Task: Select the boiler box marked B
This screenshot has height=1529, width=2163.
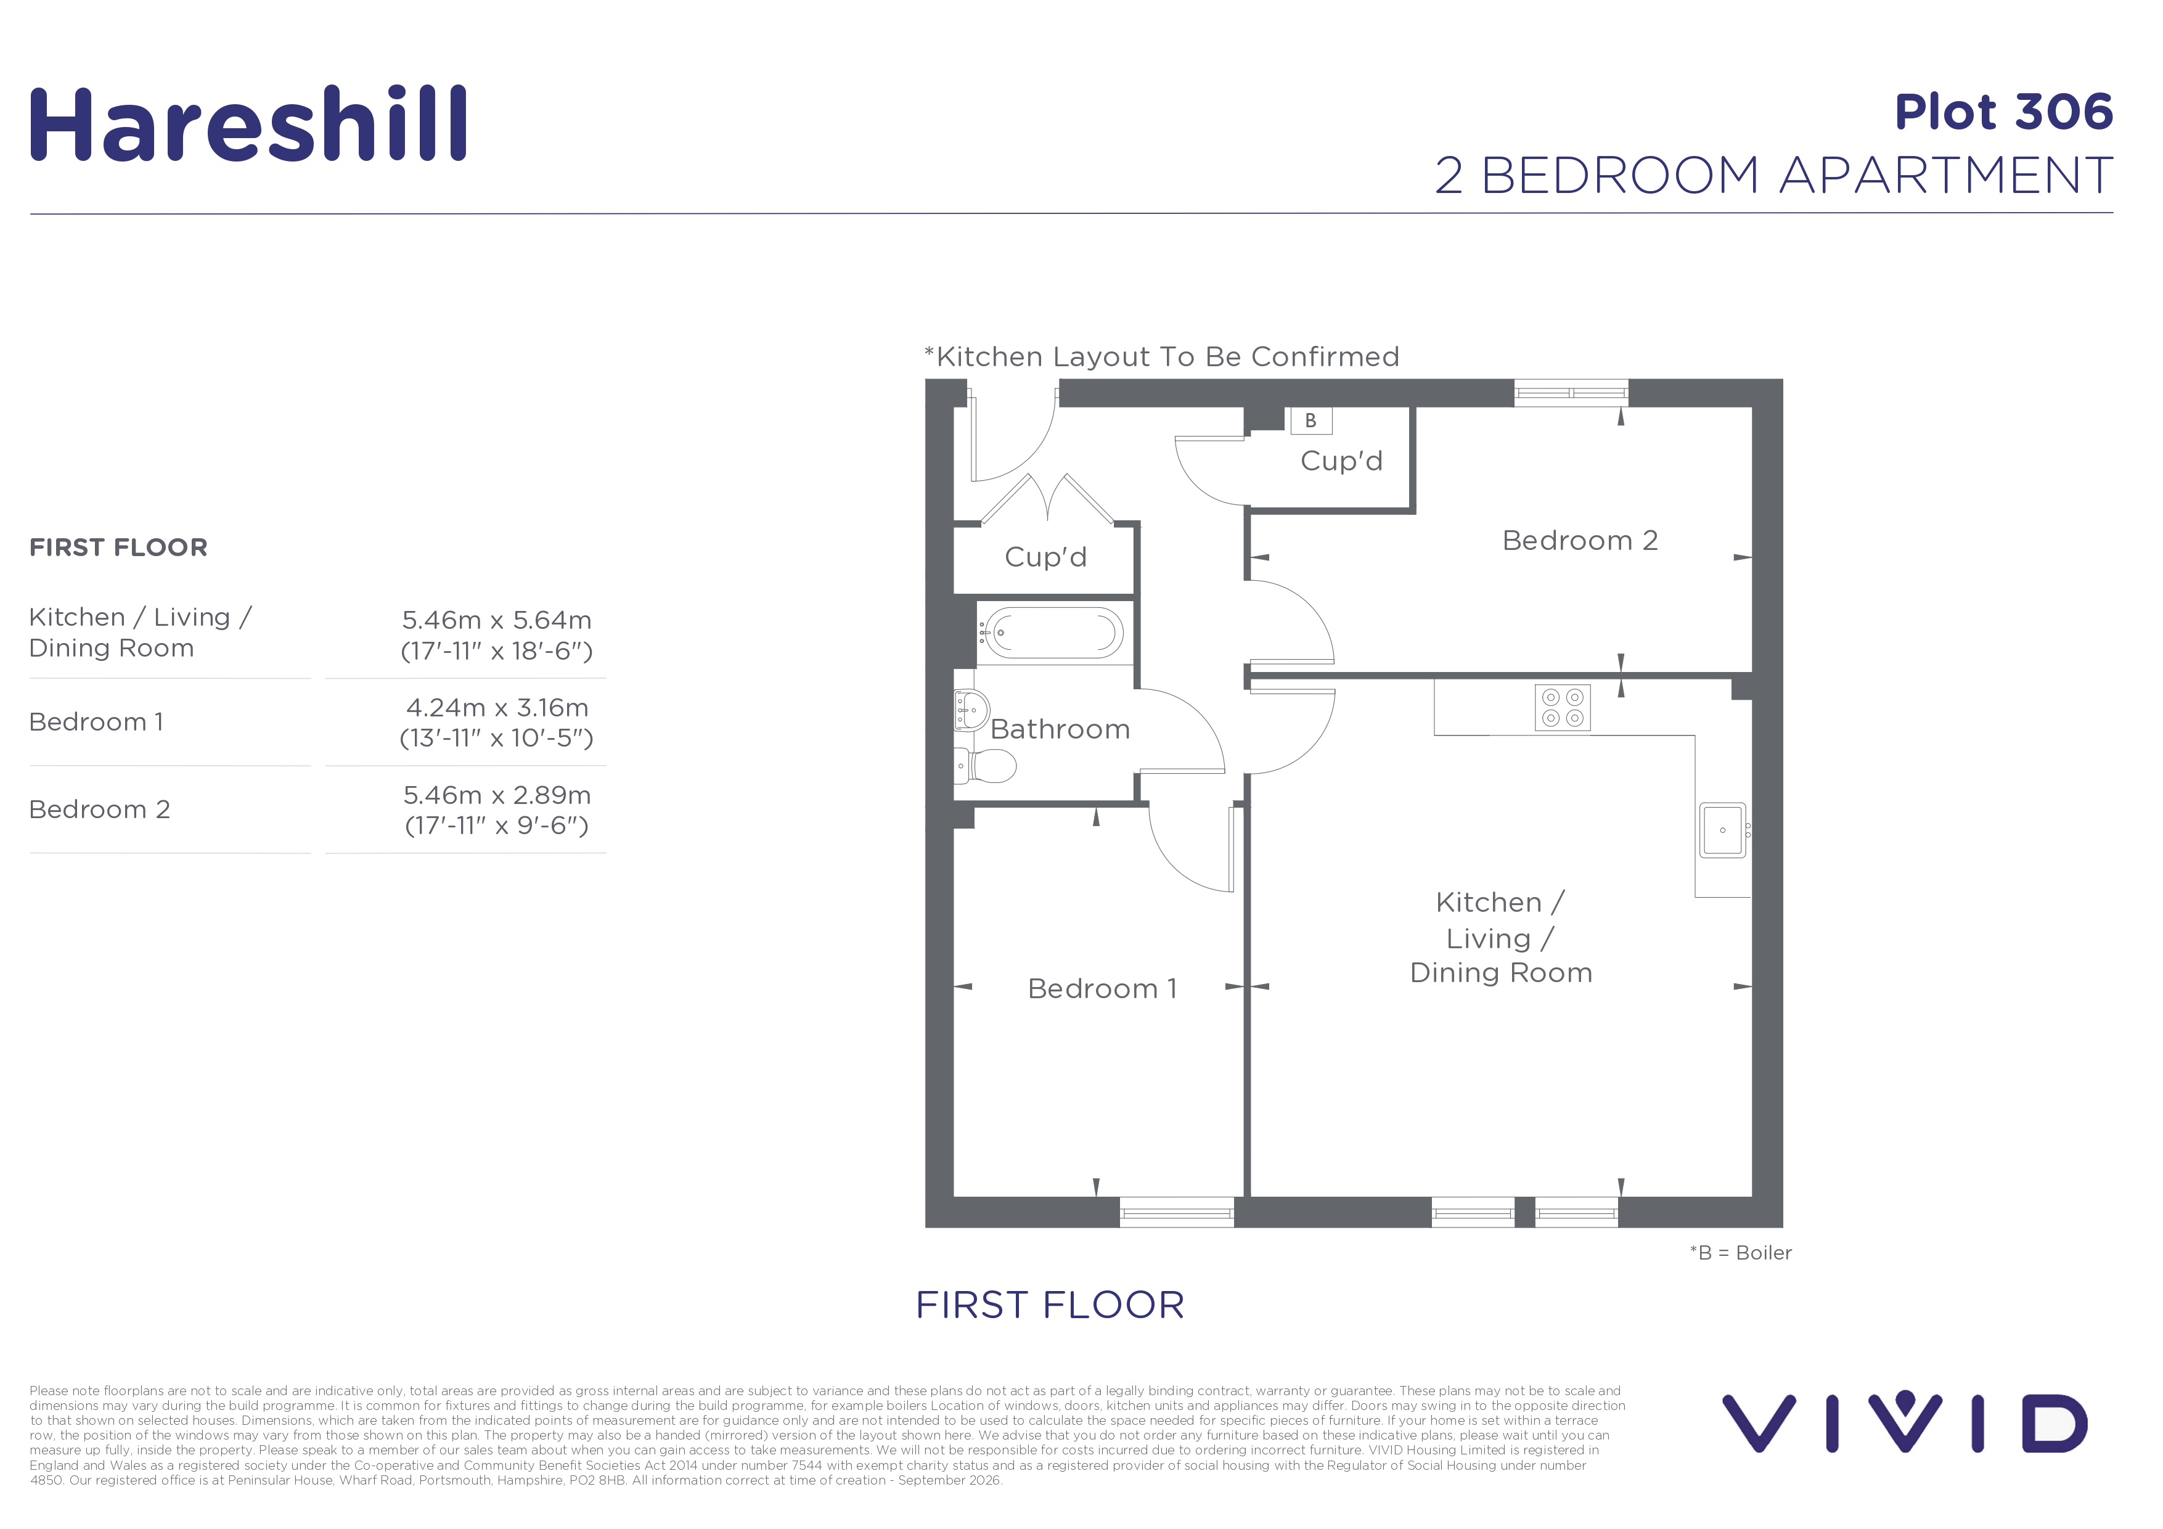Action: click(1310, 420)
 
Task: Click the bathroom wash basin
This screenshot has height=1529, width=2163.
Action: click(971, 710)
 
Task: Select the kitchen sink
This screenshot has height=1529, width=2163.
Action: click(1723, 830)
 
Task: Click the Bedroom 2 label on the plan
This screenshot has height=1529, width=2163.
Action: click(1580, 541)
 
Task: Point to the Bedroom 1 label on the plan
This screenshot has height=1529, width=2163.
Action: click(1102, 988)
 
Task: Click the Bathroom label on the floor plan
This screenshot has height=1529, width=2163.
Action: click(1060, 729)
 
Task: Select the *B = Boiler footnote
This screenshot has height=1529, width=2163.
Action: click(1741, 1253)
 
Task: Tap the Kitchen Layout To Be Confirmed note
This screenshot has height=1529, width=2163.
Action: click(1161, 357)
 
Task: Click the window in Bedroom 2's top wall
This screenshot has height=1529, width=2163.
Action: click(1571, 393)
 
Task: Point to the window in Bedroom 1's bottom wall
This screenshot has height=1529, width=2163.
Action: click(1177, 1213)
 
